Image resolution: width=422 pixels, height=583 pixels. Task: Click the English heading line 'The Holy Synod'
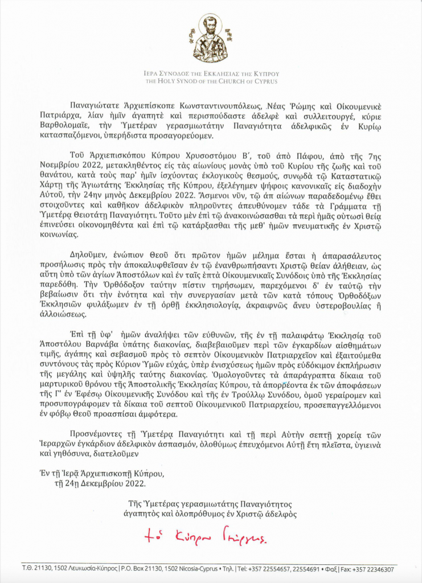coord(210,81)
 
